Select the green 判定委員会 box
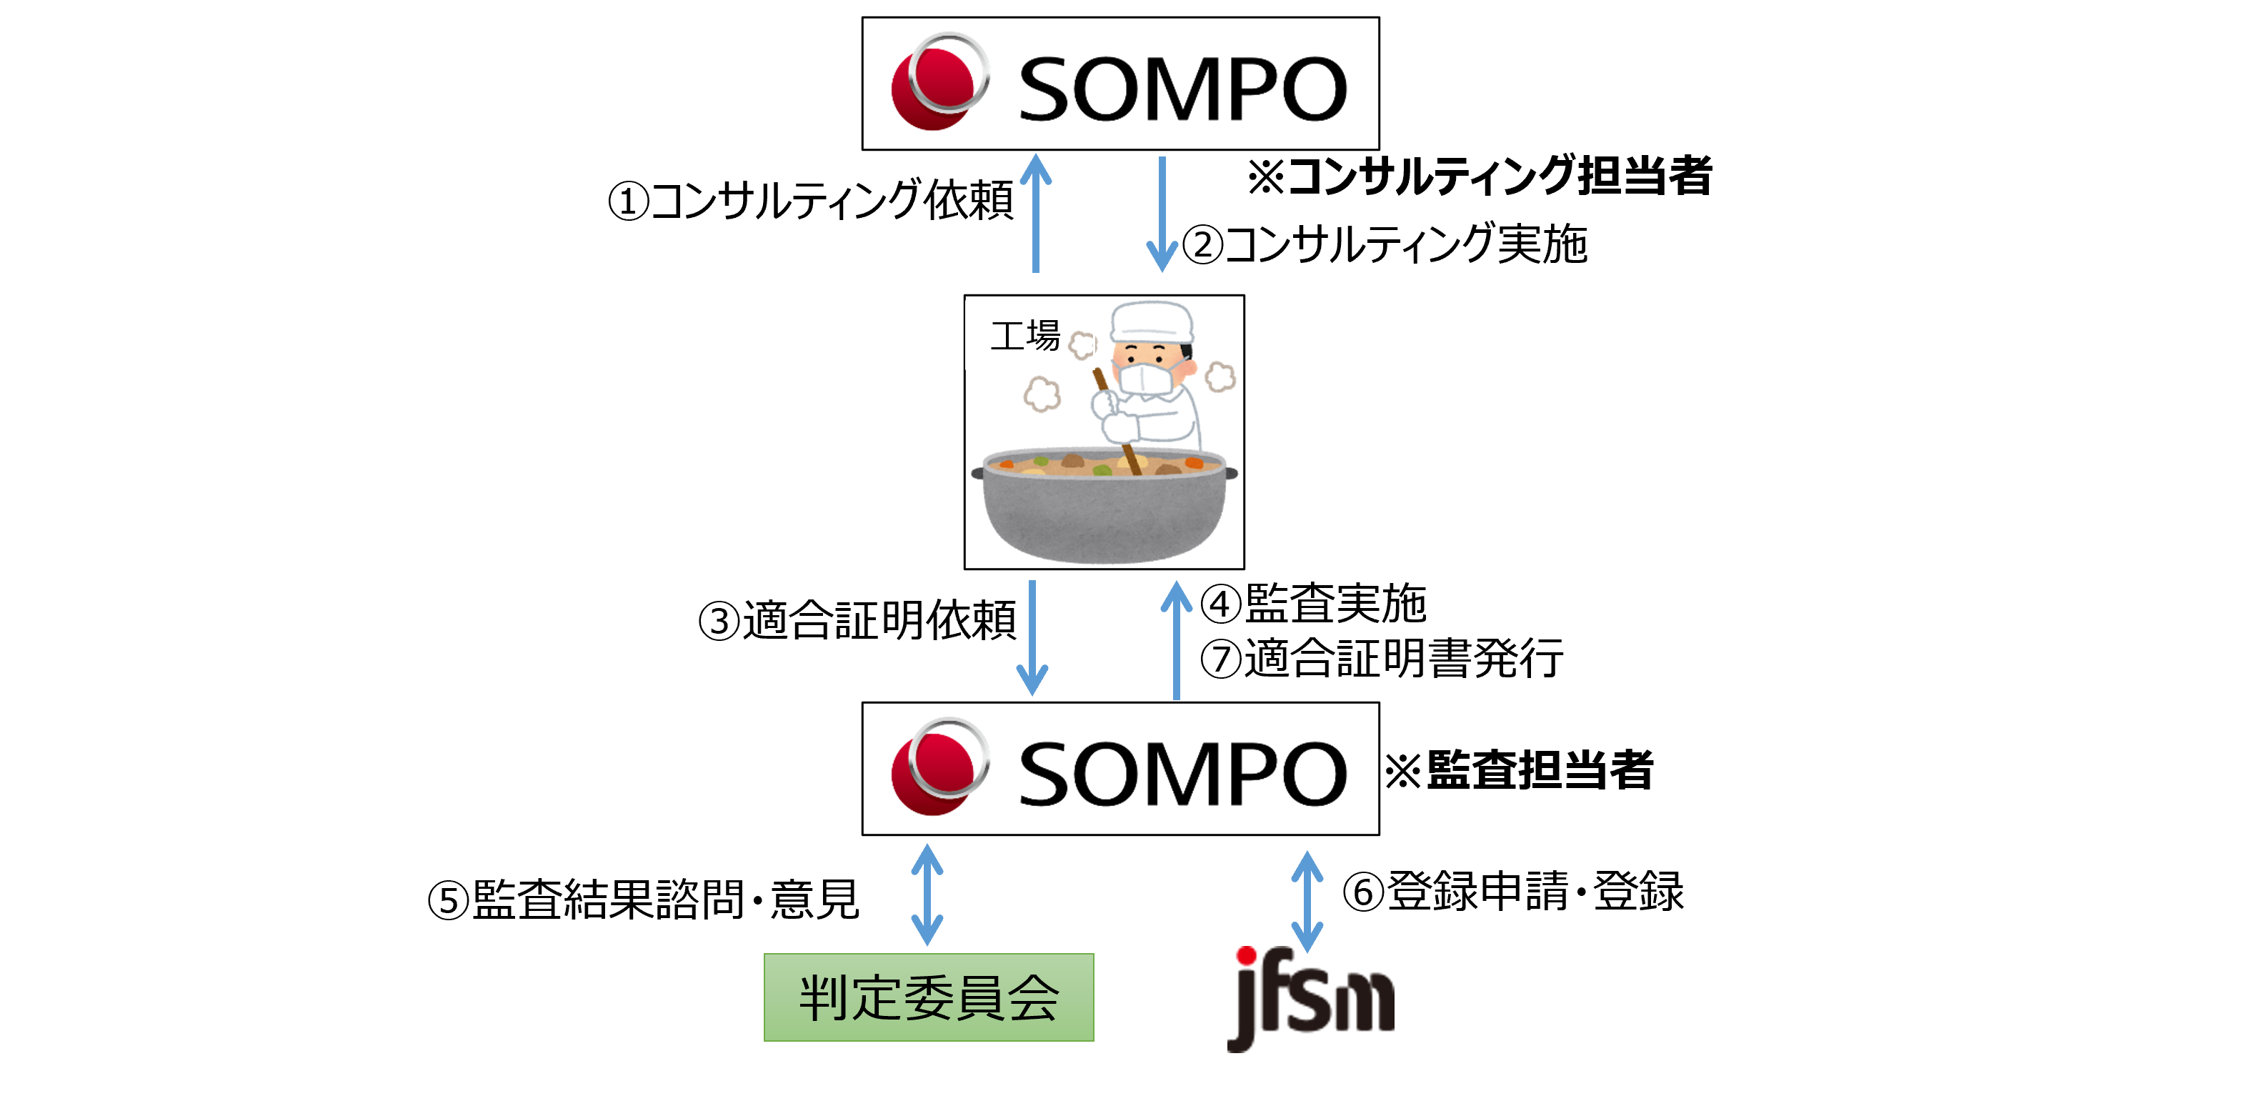(x=928, y=997)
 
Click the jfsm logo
(x=1310, y=998)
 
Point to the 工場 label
(x=1024, y=336)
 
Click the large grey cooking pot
(x=1104, y=508)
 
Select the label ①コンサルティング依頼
(x=810, y=201)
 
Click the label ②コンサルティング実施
(x=1385, y=244)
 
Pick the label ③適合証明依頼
(x=857, y=622)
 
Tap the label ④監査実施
(x=1312, y=604)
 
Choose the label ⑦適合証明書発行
(x=1381, y=658)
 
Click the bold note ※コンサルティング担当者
(x=1479, y=176)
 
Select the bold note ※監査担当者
(x=1518, y=771)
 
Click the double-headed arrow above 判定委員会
(x=927, y=895)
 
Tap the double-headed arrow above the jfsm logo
(x=1307, y=902)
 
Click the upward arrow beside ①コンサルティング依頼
(x=1036, y=214)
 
